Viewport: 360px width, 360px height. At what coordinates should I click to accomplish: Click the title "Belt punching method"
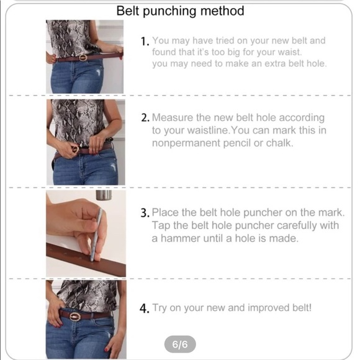click(x=180, y=11)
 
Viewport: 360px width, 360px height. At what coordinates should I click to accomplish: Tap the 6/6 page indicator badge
click(x=179, y=343)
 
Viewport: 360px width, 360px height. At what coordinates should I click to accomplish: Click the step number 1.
click(x=145, y=42)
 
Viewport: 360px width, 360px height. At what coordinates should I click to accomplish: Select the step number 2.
click(x=145, y=118)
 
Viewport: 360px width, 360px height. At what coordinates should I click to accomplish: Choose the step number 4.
click(x=145, y=308)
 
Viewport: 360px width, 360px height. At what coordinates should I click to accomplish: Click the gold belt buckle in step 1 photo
click(x=83, y=57)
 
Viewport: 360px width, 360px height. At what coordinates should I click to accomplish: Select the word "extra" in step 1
click(x=258, y=64)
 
